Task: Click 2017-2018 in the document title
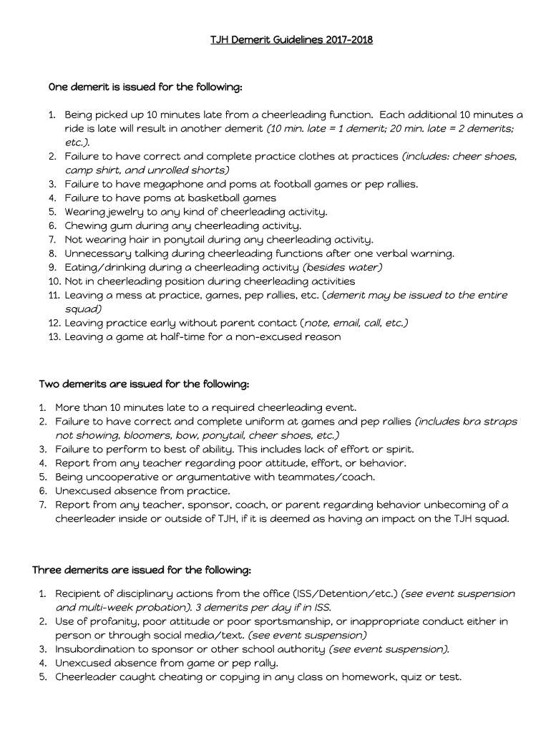(x=348, y=39)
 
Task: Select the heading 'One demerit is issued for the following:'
(x=145, y=87)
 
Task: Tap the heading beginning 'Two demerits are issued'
(x=144, y=384)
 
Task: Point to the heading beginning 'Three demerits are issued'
(x=142, y=570)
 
